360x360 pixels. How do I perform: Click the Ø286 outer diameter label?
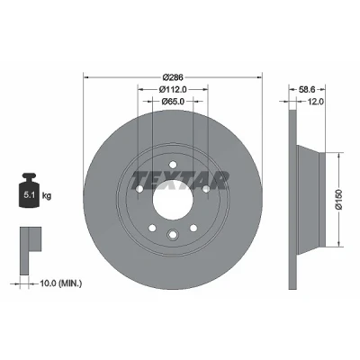click(173, 77)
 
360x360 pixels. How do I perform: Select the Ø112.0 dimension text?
click(173, 89)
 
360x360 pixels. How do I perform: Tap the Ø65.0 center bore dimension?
click(173, 102)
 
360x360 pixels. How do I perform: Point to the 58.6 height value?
click(306, 89)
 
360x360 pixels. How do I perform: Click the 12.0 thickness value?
click(316, 102)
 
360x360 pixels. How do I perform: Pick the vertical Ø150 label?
click(339, 200)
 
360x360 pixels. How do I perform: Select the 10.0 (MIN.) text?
click(61, 283)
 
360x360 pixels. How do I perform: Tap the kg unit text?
click(47, 196)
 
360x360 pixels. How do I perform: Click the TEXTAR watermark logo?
click(179, 181)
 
